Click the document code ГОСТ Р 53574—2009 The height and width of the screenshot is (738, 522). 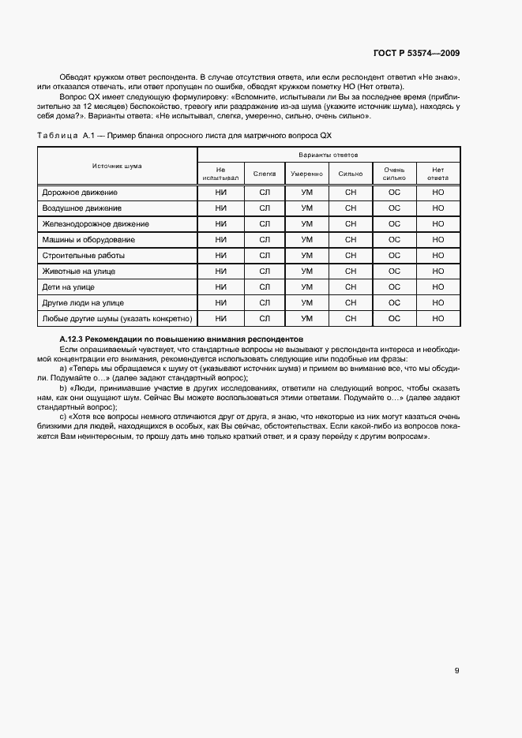click(416, 53)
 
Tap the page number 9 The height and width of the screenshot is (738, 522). click(456, 671)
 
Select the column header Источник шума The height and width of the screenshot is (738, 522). click(117, 167)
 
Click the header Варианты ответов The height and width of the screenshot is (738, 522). click(329, 155)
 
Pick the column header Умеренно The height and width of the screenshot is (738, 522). click(306, 173)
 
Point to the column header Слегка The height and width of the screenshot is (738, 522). click(265, 173)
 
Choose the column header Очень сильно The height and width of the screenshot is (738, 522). click(394, 173)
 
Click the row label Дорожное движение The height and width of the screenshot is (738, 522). click(79, 193)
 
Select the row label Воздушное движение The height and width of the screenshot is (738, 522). click(81, 208)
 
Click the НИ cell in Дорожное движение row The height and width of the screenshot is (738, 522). click(220, 193)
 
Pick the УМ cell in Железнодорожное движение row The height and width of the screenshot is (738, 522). click(307, 224)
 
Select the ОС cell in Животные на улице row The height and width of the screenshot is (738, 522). click(394, 272)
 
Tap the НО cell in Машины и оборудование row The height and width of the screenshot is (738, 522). click(438, 240)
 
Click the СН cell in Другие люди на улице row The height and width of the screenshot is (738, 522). click(351, 303)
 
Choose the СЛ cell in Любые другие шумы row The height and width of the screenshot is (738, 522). click(265, 319)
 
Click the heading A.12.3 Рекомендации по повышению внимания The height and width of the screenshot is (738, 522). click(182, 339)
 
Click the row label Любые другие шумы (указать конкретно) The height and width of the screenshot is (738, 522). click(116, 319)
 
